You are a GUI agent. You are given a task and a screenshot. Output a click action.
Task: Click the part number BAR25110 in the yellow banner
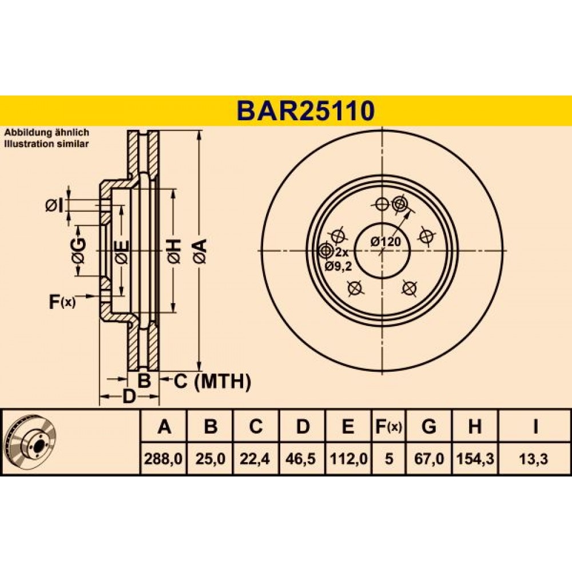click(305, 111)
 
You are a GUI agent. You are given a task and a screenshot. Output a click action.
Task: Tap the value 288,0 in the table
click(163, 459)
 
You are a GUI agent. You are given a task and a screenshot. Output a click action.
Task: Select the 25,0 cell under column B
click(210, 459)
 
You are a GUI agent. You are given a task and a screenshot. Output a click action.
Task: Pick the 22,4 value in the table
click(255, 459)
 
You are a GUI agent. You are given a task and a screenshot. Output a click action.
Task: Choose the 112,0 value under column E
click(348, 459)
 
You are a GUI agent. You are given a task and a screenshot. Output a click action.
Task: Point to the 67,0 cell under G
click(429, 459)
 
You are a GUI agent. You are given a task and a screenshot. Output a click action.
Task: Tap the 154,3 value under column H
click(475, 459)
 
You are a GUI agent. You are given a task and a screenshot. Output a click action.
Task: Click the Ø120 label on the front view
click(386, 241)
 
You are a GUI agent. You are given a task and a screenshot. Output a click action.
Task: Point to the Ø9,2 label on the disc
click(338, 267)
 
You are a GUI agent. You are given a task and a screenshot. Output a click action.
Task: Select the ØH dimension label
click(174, 251)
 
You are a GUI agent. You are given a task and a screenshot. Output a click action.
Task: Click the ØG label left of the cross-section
click(79, 251)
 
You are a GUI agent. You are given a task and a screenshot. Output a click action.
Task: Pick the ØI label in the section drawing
click(54, 206)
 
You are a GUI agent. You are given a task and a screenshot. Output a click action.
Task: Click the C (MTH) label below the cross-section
click(212, 382)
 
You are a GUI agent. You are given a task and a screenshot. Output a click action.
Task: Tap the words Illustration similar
click(46, 144)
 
